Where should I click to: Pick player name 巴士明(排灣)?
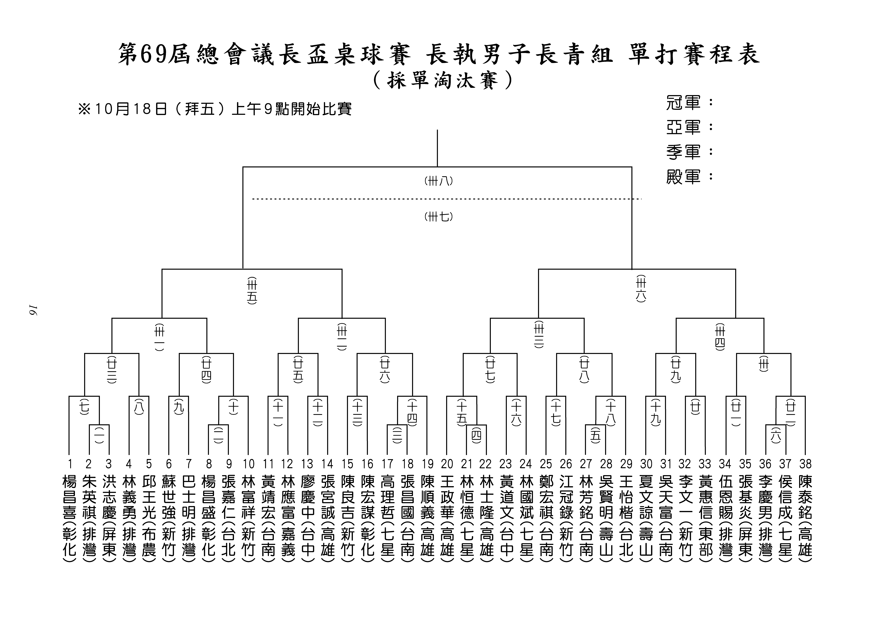click(x=189, y=519)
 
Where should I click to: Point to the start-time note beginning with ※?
click(x=215, y=109)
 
